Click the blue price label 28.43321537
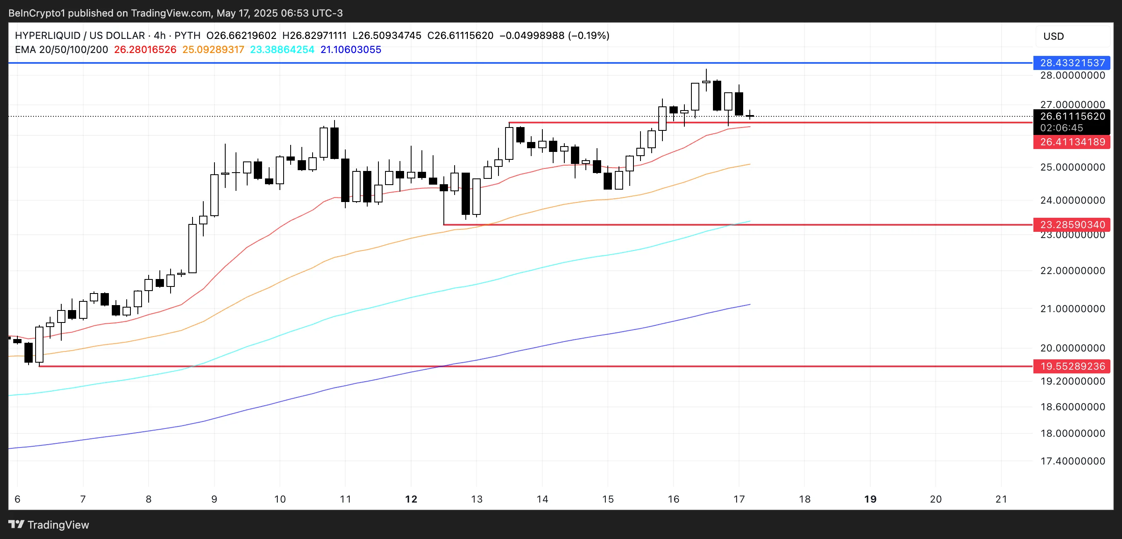pyautogui.click(x=1071, y=63)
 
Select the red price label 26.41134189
pyautogui.click(x=1071, y=142)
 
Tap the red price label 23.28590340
pyautogui.click(x=1071, y=225)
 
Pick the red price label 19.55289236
pyautogui.click(x=1071, y=366)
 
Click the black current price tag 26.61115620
pyautogui.click(x=1071, y=116)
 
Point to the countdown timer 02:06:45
pyautogui.click(x=1061, y=128)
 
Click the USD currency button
pyautogui.click(x=1053, y=36)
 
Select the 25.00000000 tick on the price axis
pyautogui.click(x=1071, y=167)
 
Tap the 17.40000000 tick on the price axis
pyautogui.click(x=1071, y=461)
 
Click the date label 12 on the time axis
pyautogui.click(x=411, y=499)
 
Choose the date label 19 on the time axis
pyautogui.click(x=870, y=499)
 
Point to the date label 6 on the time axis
pyautogui.click(x=17, y=499)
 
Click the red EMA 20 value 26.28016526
pyautogui.click(x=145, y=50)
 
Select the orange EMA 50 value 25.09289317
pyautogui.click(x=213, y=50)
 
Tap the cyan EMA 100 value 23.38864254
pyautogui.click(x=282, y=50)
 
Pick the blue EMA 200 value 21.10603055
pyautogui.click(x=351, y=50)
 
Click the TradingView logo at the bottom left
pyautogui.click(x=49, y=525)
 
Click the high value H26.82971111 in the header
pyautogui.click(x=314, y=36)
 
